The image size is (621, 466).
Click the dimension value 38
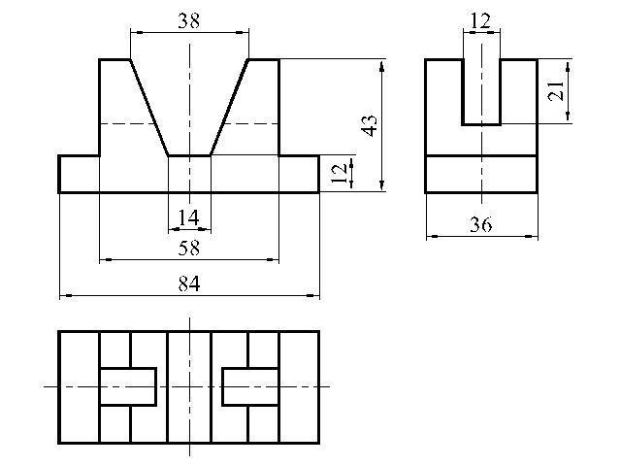coord(188,21)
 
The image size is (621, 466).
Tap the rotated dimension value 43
coord(371,125)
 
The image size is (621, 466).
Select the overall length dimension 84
coord(189,283)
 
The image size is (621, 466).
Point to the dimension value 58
coord(189,249)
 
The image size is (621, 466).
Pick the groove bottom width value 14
coord(188,217)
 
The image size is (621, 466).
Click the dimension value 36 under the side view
coord(481,224)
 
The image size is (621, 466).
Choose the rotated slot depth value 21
coord(555,90)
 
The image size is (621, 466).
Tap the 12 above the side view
coord(481,20)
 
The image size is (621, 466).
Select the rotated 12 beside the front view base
coord(339,174)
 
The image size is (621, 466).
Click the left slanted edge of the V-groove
coord(149,108)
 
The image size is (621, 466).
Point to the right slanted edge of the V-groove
coord(229,108)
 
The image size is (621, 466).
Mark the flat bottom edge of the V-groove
coord(190,155)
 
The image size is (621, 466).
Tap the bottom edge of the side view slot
coord(481,124)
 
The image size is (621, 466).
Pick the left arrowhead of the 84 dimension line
coord(66,295)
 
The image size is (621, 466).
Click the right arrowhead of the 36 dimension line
coord(531,237)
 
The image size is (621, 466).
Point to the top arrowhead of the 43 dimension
coord(381,66)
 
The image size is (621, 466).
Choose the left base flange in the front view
coord(79,175)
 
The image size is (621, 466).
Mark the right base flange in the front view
coord(299,175)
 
